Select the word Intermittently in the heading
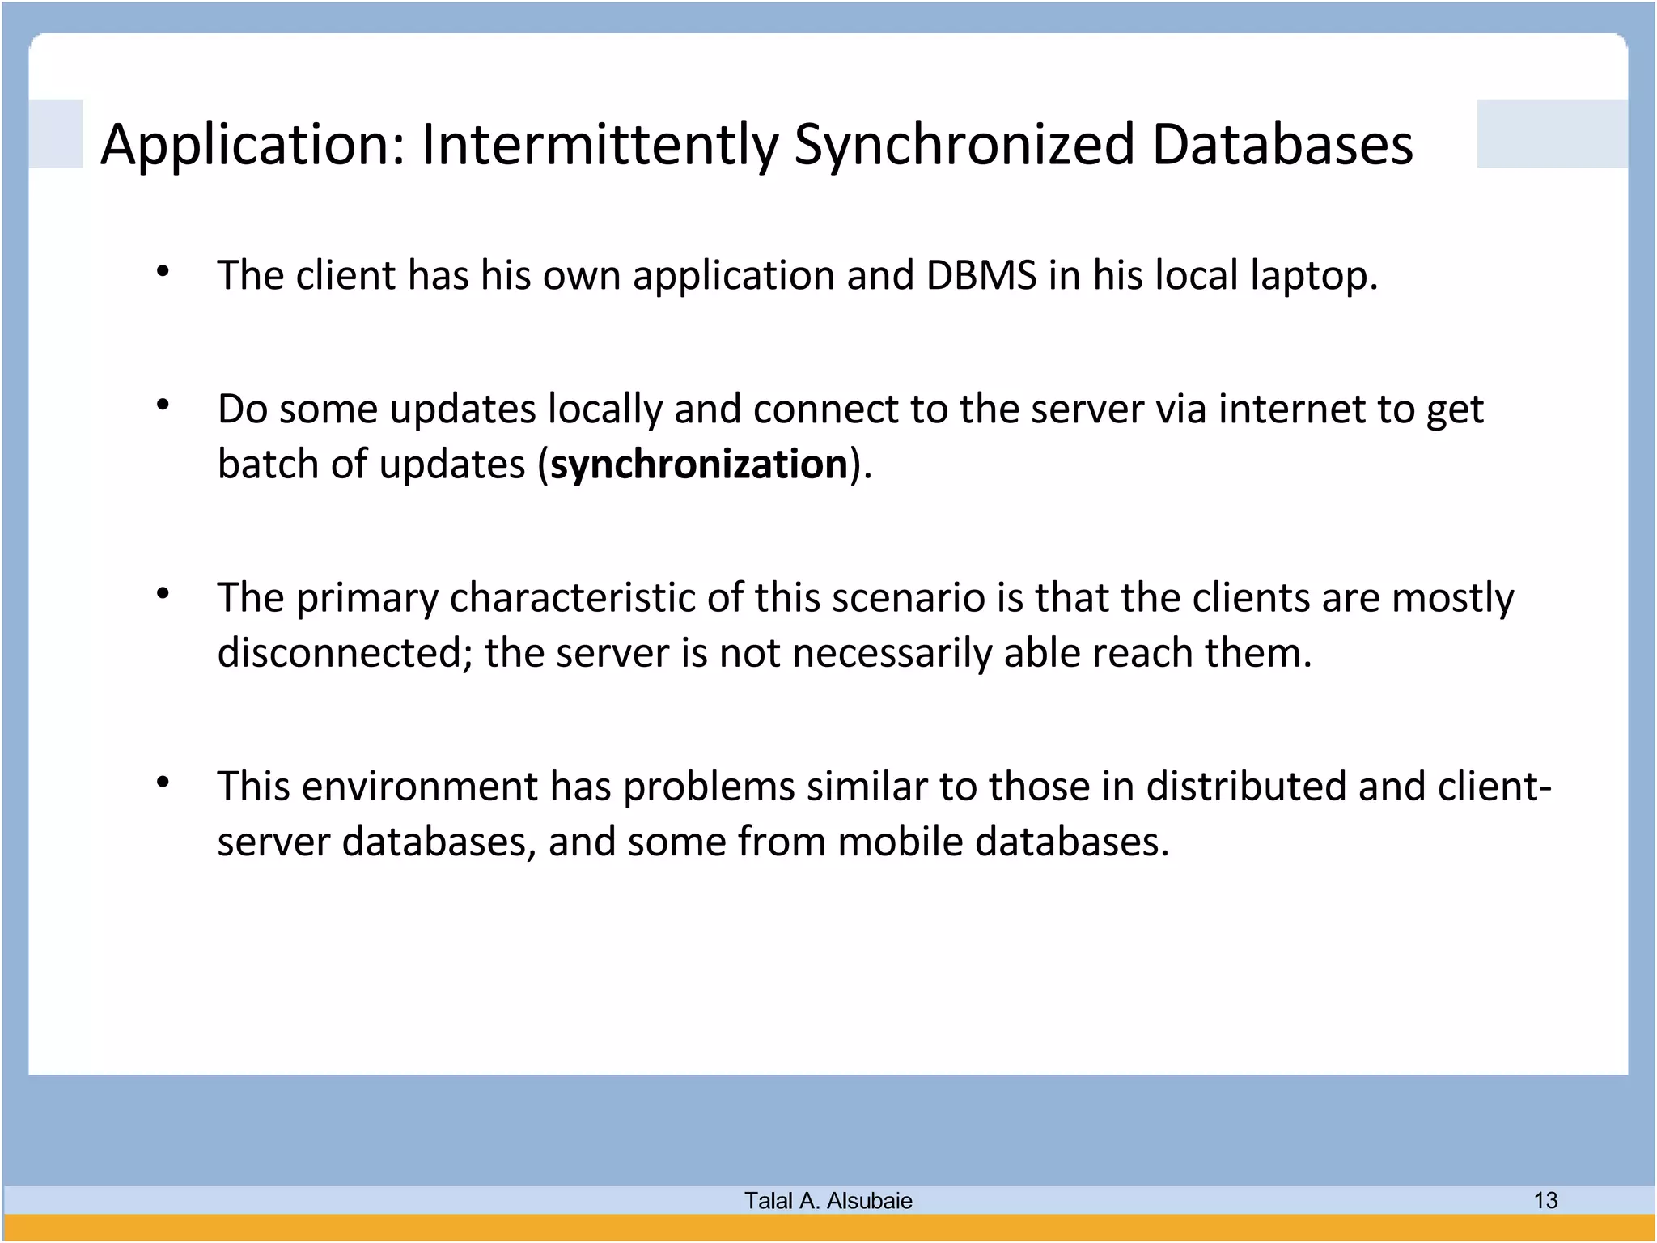(x=599, y=146)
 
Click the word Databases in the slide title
(x=1282, y=146)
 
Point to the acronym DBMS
(x=981, y=275)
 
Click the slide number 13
(x=1545, y=1200)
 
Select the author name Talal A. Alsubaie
(x=828, y=1200)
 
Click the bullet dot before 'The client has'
(x=163, y=271)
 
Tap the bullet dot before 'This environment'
(x=163, y=782)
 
